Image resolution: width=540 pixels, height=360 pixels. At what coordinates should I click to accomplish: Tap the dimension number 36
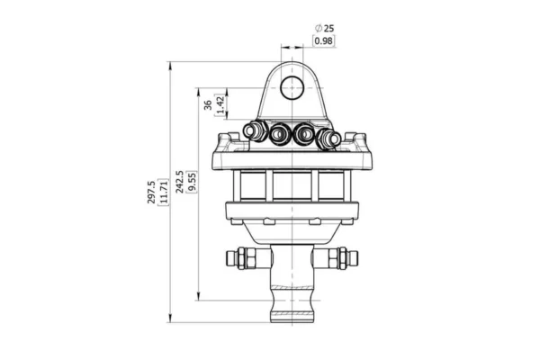[x=208, y=104]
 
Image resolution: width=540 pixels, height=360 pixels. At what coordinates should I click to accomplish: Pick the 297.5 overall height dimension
[x=151, y=191]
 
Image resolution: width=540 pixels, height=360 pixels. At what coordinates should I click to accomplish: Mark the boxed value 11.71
[x=163, y=191]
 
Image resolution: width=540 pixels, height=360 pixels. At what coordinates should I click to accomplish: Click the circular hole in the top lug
[x=292, y=87]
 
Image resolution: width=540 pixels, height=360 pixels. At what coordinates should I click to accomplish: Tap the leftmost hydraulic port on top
[x=252, y=132]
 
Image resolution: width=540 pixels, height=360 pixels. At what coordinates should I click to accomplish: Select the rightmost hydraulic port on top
[x=331, y=139]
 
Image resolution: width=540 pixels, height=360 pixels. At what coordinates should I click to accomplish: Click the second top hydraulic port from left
[x=278, y=132]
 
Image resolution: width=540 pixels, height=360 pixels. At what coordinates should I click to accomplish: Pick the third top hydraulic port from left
[x=305, y=132]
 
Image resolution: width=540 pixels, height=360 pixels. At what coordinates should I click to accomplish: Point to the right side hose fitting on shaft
[x=342, y=260]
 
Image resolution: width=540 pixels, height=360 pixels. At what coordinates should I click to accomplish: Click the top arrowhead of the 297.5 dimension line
[x=171, y=64]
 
